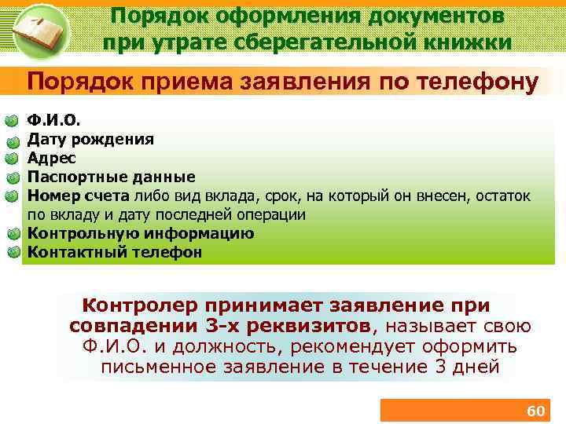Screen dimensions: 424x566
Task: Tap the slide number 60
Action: pyautogui.click(x=535, y=411)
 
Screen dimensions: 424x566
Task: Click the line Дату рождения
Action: pyautogui.click(x=90, y=140)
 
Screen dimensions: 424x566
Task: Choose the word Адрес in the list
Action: pyautogui.click(x=52, y=158)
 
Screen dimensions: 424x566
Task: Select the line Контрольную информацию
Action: pyautogui.click(x=141, y=233)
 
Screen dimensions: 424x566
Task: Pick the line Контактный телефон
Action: pyautogui.click(x=115, y=252)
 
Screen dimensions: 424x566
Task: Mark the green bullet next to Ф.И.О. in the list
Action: pyautogui.click(x=12, y=121)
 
